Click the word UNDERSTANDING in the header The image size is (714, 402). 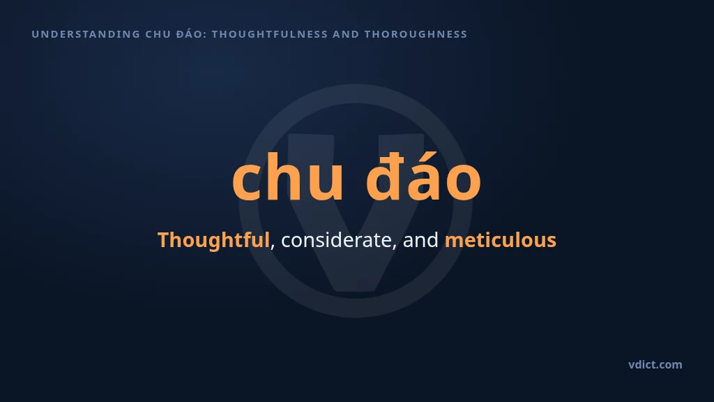coord(86,34)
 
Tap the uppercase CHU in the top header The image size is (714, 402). coord(158,34)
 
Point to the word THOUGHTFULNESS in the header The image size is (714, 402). coord(270,34)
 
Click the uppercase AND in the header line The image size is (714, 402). coord(346,34)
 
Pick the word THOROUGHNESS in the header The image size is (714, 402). coord(416,34)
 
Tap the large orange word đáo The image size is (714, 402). coord(423,177)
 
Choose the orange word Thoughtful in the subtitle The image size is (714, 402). coord(213,240)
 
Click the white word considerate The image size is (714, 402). coord(336,240)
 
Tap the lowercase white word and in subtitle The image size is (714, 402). coord(420,240)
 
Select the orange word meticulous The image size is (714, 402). coord(501,240)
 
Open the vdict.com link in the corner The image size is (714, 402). coord(655,364)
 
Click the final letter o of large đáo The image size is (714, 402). coord(463,182)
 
